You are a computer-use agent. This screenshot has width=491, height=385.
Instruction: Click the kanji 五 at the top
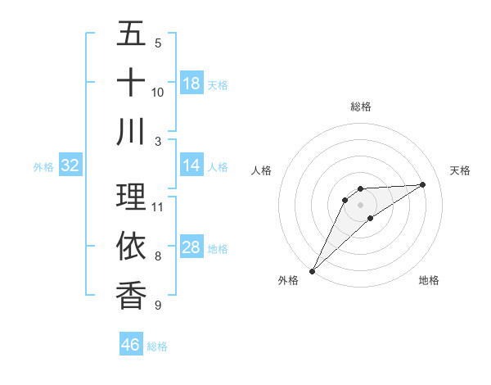click(131, 34)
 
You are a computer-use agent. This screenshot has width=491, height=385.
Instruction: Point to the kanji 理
click(131, 197)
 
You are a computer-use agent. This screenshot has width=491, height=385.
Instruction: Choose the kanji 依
click(131, 245)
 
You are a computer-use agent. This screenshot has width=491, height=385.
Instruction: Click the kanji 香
click(131, 294)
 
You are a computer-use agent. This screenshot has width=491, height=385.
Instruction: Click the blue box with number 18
click(191, 84)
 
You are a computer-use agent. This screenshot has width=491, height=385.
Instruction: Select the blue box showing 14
click(191, 165)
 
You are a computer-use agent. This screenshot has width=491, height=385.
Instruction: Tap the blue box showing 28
click(191, 247)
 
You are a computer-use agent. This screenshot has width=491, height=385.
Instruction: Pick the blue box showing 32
click(70, 165)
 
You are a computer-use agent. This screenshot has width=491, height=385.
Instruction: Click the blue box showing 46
click(131, 345)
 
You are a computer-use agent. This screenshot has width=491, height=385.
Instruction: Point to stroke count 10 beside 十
click(158, 92)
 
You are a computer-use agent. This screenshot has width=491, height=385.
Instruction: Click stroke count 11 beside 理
click(158, 206)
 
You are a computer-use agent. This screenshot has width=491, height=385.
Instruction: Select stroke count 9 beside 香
click(158, 305)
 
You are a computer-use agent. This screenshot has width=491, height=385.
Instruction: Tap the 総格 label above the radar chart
click(361, 106)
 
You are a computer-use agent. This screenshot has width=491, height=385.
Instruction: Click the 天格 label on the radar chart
click(461, 170)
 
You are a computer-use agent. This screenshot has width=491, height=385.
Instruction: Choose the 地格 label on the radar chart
click(429, 280)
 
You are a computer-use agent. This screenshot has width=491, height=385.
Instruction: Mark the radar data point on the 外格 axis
click(312, 270)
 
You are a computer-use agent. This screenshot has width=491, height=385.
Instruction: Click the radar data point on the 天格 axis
click(423, 184)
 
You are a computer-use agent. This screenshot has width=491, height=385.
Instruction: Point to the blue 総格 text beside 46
click(157, 346)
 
